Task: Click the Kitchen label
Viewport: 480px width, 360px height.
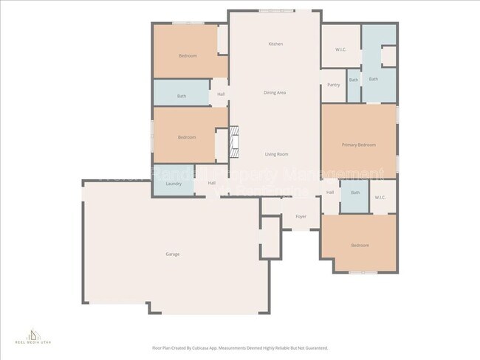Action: (x=275, y=44)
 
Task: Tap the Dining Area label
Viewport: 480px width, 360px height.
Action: (x=275, y=93)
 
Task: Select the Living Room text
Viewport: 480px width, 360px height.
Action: (x=277, y=154)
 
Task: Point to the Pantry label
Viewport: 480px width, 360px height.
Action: (x=334, y=85)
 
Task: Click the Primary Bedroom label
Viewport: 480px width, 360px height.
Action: (x=359, y=145)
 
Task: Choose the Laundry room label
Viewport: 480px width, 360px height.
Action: (x=174, y=184)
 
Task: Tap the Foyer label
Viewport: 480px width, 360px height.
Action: (x=301, y=217)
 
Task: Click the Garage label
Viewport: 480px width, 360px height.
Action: (x=172, y=255)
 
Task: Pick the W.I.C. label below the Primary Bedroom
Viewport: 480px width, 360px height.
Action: (x=380, y=198)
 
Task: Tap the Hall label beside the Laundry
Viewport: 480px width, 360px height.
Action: (x=211, y=183)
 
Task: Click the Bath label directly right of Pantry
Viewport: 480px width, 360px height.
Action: (x=354, y=80)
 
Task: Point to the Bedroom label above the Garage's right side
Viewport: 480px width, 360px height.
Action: (x=360, y=245)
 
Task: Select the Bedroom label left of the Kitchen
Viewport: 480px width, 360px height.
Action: (x=188, y=56)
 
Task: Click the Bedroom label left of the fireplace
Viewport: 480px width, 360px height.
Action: (x=186, y=137)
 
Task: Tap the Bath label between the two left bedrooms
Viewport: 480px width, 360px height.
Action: (x=182, y=96)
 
